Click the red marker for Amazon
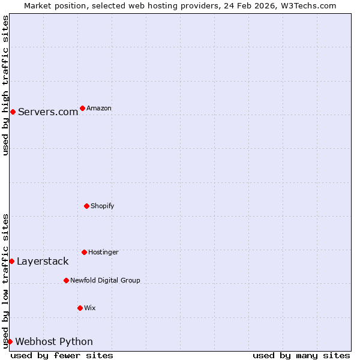[x=82, y=109]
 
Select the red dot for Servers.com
[x=13, y=112]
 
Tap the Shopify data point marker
[x=86, y=206]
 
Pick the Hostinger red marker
[x=84, y=252]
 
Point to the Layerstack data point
[x=11, y=261]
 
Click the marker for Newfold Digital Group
[x=66, y=280]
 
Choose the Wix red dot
[x=80, y=308]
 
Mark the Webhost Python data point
[x=10, y=341]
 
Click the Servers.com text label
[x=48, y=112]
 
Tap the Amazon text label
[x=99, y=109]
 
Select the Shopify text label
[x=103, y=206]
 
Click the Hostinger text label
[x=103, y=252]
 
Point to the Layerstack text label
[x=43, y=261]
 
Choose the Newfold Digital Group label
[x=105, y=280]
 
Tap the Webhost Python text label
[x=54, y=341]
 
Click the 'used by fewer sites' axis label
[x=62, y=355]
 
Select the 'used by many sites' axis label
[x=301, y=355]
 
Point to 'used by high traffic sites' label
[x=5, y=85]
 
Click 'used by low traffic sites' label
[x=5, y=281]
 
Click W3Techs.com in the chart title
[x=308, y=5]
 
